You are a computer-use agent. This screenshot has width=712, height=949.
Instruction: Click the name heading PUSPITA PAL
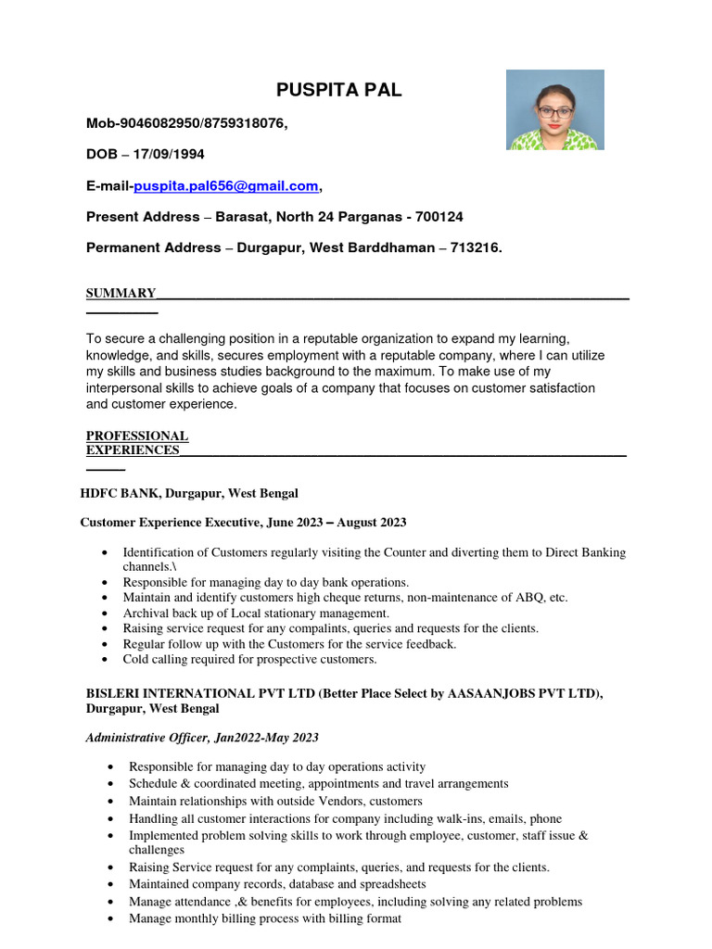339,90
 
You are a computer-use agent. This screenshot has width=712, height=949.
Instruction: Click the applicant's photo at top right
554,109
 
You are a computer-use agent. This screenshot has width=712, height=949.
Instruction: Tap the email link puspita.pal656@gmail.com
226,186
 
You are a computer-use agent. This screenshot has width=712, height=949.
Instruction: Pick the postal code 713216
476,248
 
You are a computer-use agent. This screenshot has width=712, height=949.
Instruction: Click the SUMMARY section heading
121,294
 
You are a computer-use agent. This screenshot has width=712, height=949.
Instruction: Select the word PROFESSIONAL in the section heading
137,436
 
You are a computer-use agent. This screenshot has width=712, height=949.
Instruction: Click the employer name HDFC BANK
121,494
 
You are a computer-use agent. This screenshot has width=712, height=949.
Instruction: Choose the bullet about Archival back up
256,614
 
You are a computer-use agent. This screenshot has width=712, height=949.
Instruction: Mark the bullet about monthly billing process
265,918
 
